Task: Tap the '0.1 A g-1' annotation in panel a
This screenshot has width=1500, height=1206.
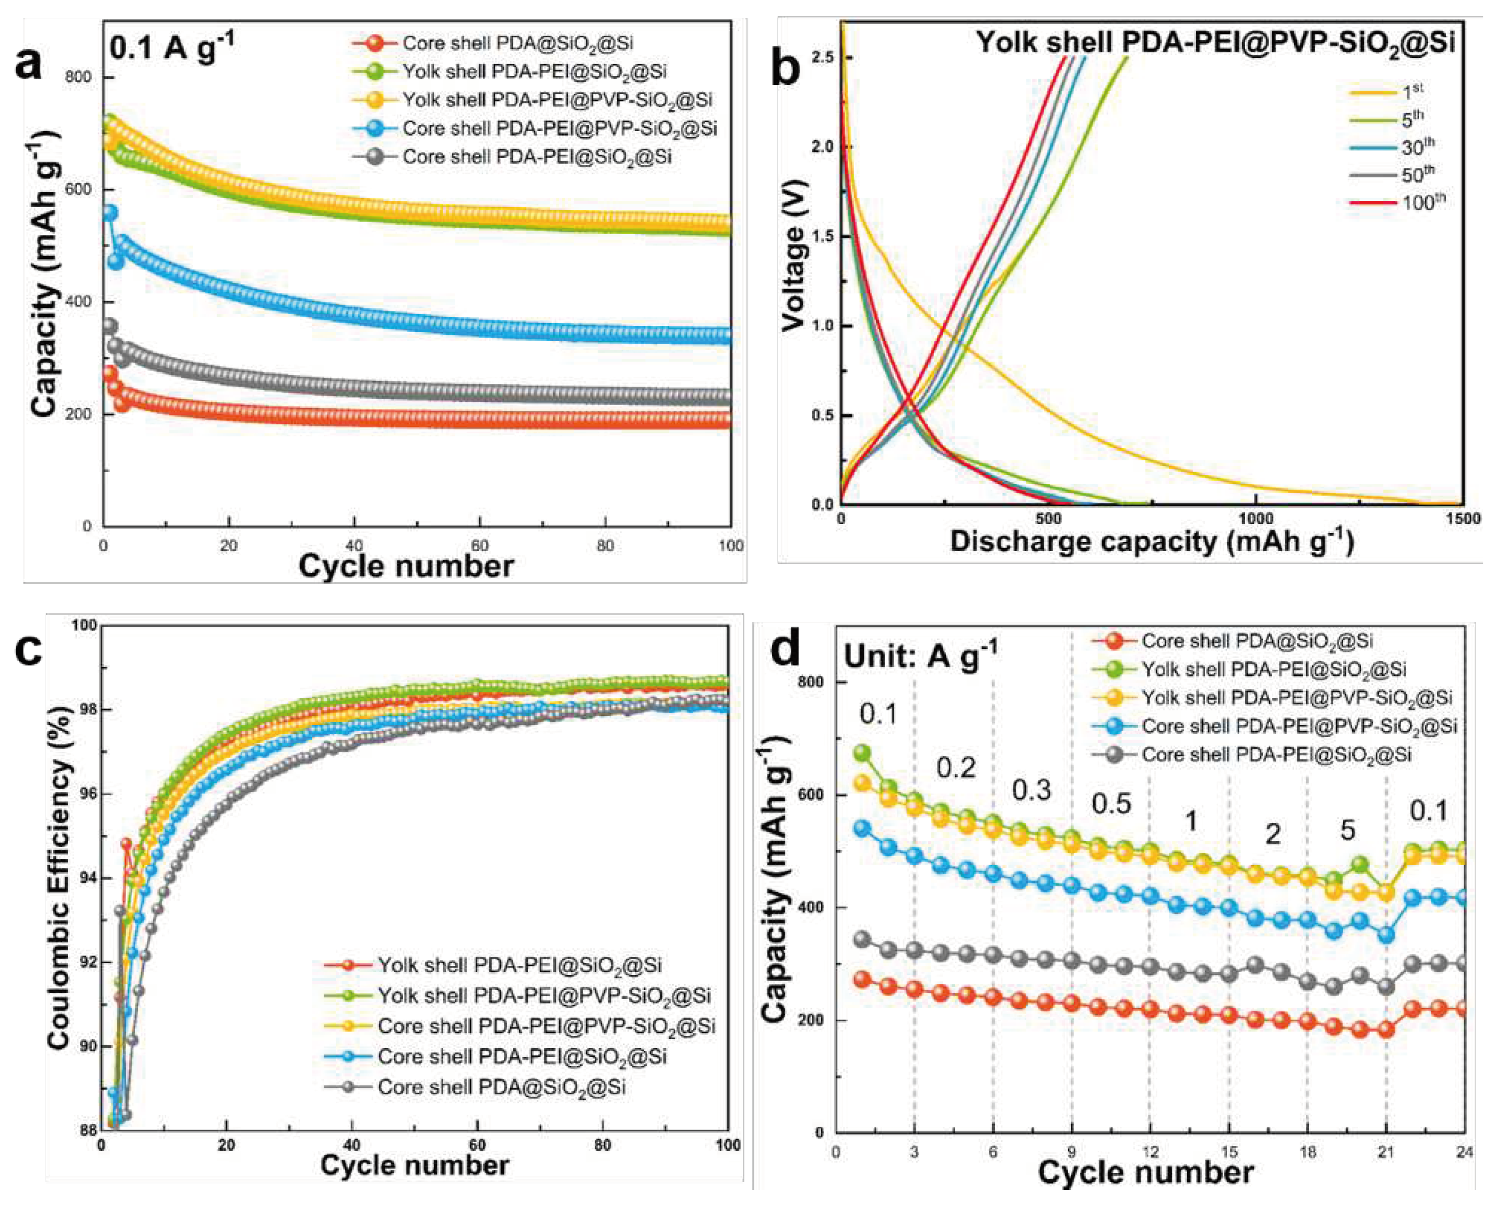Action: tap(172, 49)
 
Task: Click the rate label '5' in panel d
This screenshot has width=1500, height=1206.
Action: tap(1348, 830)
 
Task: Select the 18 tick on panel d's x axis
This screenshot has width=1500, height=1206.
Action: tap(1307, 1152)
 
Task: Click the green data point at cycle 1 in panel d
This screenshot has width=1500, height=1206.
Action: tap(862, 753)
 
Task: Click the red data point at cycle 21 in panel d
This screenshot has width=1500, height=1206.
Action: tap(1386, 1030)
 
